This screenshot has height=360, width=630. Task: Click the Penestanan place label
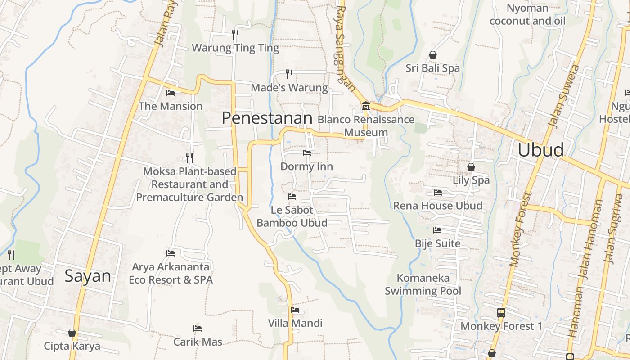tap(267, 118)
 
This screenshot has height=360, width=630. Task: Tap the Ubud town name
tap(540, 150)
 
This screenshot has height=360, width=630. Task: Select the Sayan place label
tap(88, 275)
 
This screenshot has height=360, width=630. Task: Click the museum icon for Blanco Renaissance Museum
tap(365, 106)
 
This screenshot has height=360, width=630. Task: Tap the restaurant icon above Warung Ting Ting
tap(235, 34)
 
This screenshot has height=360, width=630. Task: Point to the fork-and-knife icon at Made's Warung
tap(289, 74)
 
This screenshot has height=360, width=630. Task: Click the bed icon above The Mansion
tap(171, 93)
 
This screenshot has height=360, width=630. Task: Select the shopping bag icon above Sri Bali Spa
tap(433, 55)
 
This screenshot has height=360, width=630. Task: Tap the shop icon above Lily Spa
tap(471, 167)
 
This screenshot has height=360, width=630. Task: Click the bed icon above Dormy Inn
tap(307, 153)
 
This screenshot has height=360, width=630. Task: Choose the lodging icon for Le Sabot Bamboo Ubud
tap(292, 197)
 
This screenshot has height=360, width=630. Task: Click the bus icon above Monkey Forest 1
tap(501, 312)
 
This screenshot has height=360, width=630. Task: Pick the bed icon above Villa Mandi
tap(295, 310)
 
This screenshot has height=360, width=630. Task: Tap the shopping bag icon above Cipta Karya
tap(72, 333)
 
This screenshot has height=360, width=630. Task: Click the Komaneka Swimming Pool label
tap(423, 284)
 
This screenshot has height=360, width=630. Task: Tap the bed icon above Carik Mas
tap(198, 328)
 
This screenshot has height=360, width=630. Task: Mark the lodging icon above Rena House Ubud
tap(437, 193)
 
